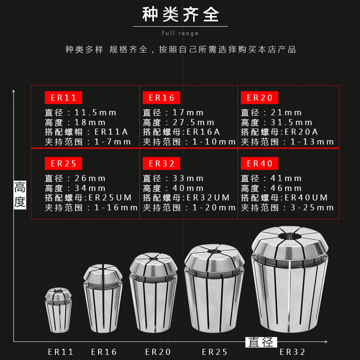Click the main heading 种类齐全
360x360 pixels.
[x=180, y=15]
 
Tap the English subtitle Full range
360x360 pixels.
[x=180, y=33]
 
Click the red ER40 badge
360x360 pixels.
[x=260, y=163]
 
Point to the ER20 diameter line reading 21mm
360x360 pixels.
[x=272, y=112]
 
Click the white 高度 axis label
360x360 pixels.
[x=20, y=194]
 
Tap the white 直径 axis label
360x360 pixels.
[x=261, y=342]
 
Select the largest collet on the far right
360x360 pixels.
[x=290, y=283]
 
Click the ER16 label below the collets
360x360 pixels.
[x=103, y=352]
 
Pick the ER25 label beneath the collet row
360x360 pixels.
[x=215, y=352]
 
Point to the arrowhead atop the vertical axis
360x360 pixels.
[x=14, y=92]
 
